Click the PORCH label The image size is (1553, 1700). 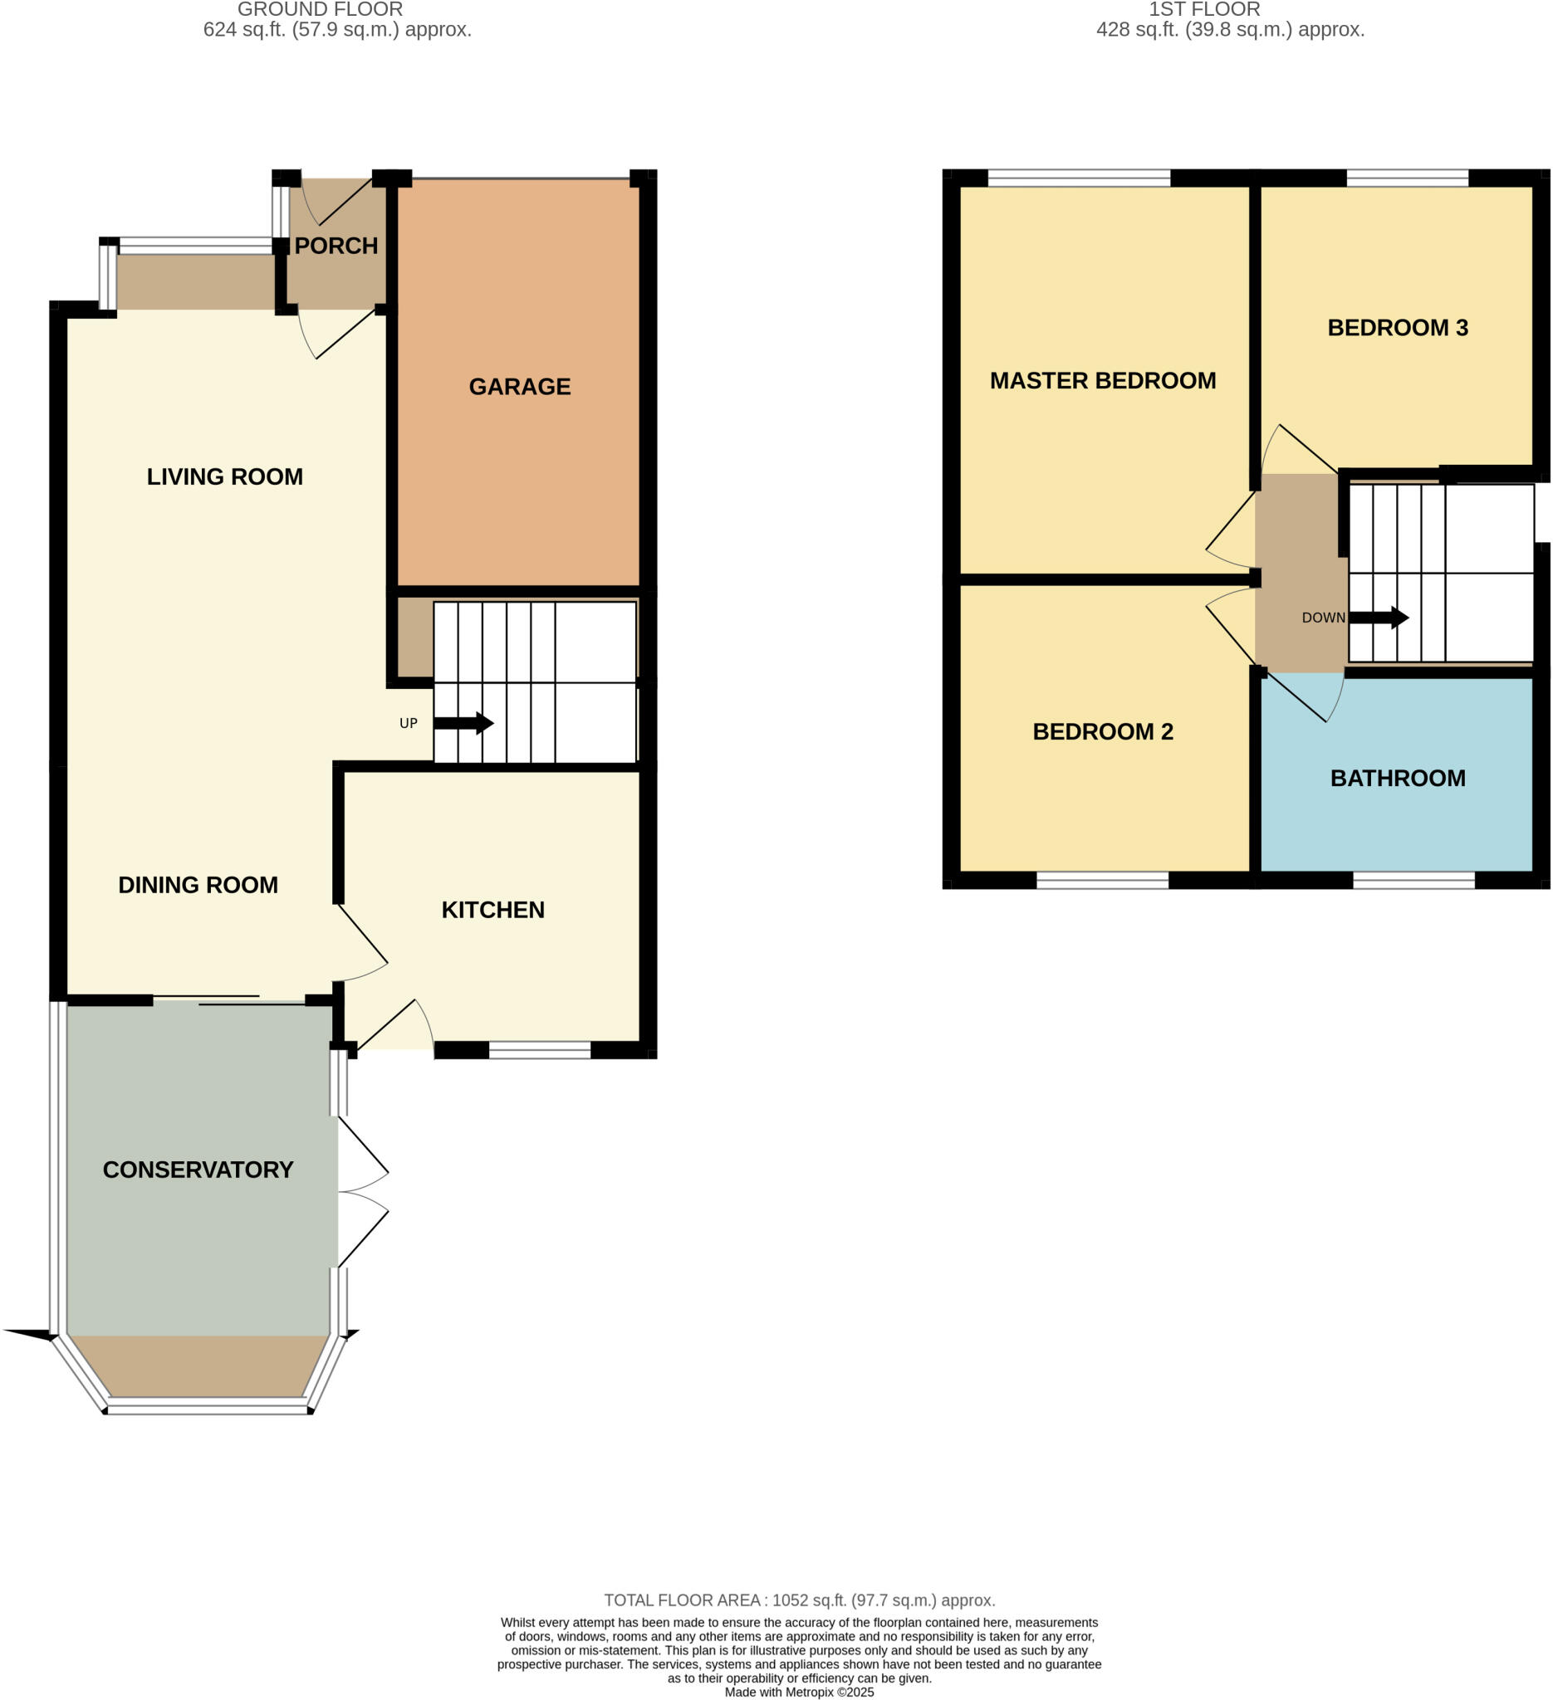[336, 246]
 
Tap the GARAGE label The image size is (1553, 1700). [520, 386]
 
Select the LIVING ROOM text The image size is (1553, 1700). [224, 476]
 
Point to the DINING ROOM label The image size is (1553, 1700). [198, 885]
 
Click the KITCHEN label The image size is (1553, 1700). [492, 910]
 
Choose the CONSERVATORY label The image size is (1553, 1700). [198, 1170]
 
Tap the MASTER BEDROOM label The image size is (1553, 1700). [1103, 380]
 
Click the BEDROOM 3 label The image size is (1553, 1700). [1397, 327]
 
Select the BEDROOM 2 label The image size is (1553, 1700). [1103, 731]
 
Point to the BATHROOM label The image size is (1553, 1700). [1397, 778]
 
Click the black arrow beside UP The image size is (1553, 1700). [463, 723]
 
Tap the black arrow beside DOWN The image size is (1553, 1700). [1378, 618]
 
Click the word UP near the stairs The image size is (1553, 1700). [409, 724]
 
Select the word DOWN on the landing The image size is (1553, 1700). [1323, 618]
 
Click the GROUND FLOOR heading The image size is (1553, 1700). [320, 9]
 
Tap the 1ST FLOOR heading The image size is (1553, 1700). [1203, 9]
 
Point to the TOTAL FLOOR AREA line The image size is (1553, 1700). [799, 1600]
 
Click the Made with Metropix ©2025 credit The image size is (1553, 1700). [799, 1692]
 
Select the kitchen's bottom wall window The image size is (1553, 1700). [540, 1050]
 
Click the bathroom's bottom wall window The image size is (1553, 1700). [1413, 881]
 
